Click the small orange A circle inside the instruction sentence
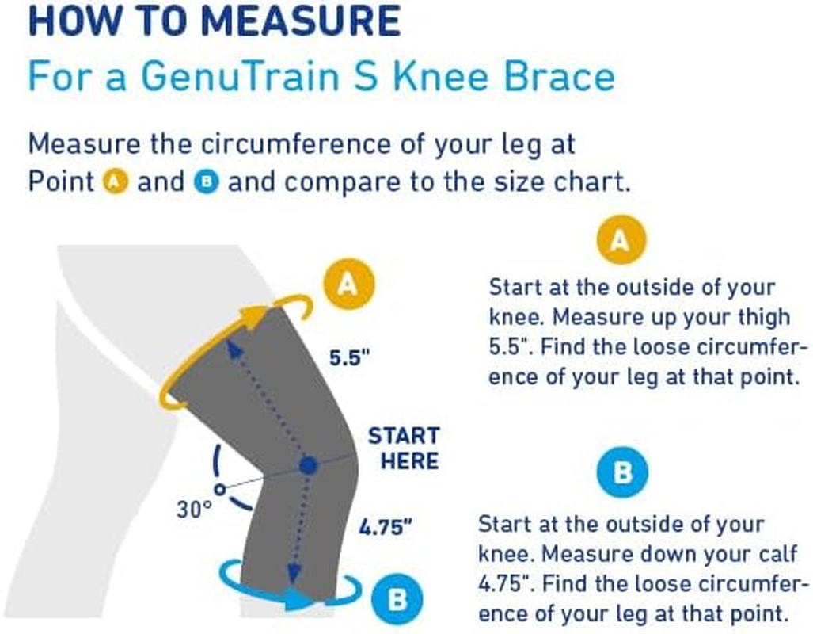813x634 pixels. pyautogui.click(x=116, y=182)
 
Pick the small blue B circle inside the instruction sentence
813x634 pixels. pyautogui.click(x=206, y=182)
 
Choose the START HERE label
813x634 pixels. pyautogui.click(x=404, y=448)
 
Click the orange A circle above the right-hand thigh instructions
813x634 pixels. pyautogui.click(x=621, y=241)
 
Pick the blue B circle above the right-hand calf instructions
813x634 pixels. pyautogui.click(x=621, y=474)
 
